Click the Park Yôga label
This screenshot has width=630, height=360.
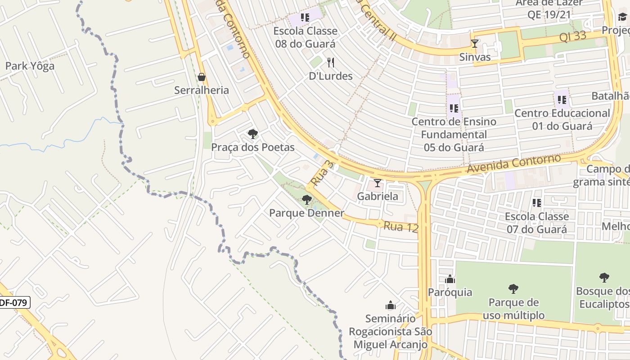pyautogui.click(x=30, y=66)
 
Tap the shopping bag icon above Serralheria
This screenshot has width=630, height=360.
pyautogui.click(x=202, y=77)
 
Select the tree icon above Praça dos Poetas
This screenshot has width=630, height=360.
pyautogui.click(x=252, y=134)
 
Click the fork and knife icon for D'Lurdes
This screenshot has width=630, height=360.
pyautogui.click(x=331, y=62)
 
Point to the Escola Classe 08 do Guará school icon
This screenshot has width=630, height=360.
pyautogui.click(x=305, y=18)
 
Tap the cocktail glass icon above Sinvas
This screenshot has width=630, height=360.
pyautogui.click(x=474, y=44)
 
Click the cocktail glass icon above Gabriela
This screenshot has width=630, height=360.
pyautogui.click(x=377, y=183)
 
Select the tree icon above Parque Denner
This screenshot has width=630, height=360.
pyautogui.click(x=306, y=200)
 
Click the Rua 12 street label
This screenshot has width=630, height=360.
pyautogui.click(x=400, y=226)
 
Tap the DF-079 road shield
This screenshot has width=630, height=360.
pyautogui.click(x=13, y=303)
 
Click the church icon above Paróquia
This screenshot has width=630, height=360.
pyautogui.click(x=450, y=279)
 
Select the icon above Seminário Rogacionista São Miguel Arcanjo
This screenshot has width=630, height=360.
pyautogui.click(x=390, y=306)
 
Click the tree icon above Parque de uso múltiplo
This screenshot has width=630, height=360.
pyautogui.click(x=513, y=289)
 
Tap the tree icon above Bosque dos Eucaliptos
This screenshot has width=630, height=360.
pyautogui.click(x=604, y=278)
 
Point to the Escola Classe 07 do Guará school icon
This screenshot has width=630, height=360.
pyautogui.click(x=536, y=203)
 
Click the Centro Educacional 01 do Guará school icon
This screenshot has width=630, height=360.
pyautogui.click(x=562, y=100)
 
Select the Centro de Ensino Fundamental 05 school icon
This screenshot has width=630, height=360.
pyautogui.click(x=454, y=108)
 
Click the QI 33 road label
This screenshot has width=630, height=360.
pyautogui.click(x=573, y=36)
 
